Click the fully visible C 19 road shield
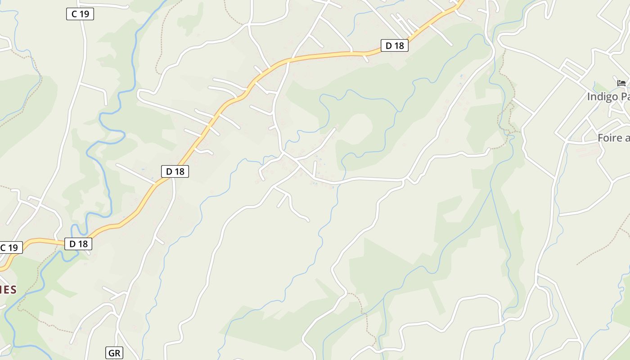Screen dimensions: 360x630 [x=80, y=14]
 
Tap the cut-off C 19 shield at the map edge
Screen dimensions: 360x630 [x=10, y=247]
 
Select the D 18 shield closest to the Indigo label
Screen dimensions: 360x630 [x=395, y=45]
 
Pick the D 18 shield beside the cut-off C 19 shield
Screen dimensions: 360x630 [x=78, y=244]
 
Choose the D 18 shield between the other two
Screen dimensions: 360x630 [x=175, y=171]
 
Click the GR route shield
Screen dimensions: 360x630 [x=114, y=353]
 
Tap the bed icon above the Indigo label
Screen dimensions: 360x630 [x=621, y=83]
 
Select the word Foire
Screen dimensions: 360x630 [x=609, y=138]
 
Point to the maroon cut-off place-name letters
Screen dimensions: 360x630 [x=8, y=289]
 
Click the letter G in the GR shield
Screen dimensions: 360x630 [x=111, y=353]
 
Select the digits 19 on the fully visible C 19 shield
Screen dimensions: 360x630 [x=84, y=14]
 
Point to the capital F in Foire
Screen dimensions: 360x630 [x=601, y=138]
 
